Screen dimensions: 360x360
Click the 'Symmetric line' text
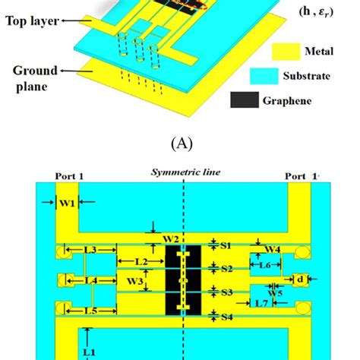click(186, 172)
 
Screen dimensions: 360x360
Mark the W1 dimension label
click(67, 203)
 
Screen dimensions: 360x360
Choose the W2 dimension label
click(172, 239)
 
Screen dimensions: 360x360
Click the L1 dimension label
click(89, 352)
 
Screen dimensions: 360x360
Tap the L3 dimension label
click(89, 250)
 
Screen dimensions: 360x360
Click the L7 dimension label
click(261, 304)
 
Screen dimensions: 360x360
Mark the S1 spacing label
click(226, 245)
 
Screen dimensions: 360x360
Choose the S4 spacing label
click(226, 317)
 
